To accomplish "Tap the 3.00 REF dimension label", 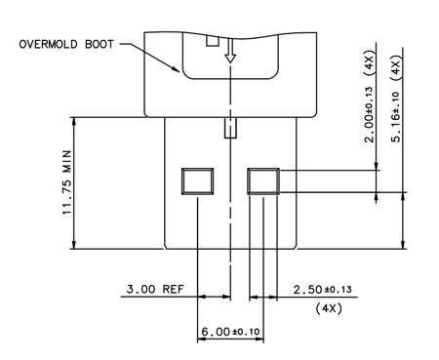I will pyautogui.click(x=156, y=291).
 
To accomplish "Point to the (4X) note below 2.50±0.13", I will pyautogui.click(x=327, y=308).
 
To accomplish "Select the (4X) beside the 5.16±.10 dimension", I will pyautogui.click(x=395, y=66).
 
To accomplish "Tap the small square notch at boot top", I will pyautogui.click(x=211, y=41).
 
